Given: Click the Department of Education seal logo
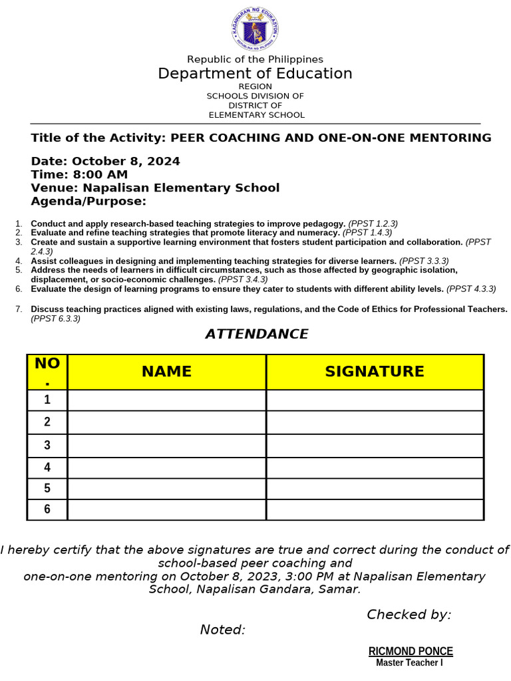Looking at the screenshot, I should pos(255,28).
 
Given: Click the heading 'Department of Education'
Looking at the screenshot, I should pos(255,73).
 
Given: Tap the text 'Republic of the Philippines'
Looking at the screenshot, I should pos(255,59).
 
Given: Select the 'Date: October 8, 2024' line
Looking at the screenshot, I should pos(105,161).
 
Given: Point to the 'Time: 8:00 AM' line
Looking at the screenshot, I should pos(79,174).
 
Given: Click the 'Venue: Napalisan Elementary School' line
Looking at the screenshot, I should pos(155,188).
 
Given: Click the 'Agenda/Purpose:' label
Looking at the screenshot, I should pos(88,201).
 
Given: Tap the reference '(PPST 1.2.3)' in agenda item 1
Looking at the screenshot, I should pos(373,223).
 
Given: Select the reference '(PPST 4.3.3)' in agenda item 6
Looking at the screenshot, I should pos(471,289).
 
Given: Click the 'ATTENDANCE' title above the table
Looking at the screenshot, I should pos(256,334).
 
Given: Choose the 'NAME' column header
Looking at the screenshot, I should pos(166,372).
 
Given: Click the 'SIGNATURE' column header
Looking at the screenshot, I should pos(374,372).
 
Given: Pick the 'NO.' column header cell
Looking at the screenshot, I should pos(47,372).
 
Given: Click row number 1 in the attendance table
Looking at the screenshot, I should pos(47,400).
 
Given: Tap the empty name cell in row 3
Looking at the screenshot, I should pos(166,445).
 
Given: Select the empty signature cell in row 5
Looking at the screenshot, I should pos(374,487).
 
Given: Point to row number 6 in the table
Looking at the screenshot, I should pos(47,509).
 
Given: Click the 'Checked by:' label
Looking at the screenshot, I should pos(409,614).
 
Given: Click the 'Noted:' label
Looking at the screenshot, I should pos(223,630).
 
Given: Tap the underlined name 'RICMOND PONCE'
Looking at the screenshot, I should pos(411,651).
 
